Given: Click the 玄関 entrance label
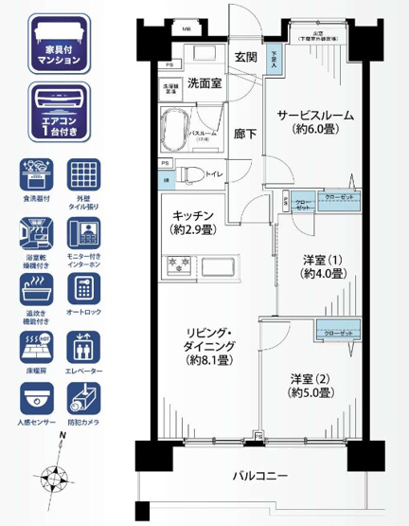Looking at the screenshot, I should pos(246,58).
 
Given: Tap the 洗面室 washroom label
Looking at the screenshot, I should pos(204,83).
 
